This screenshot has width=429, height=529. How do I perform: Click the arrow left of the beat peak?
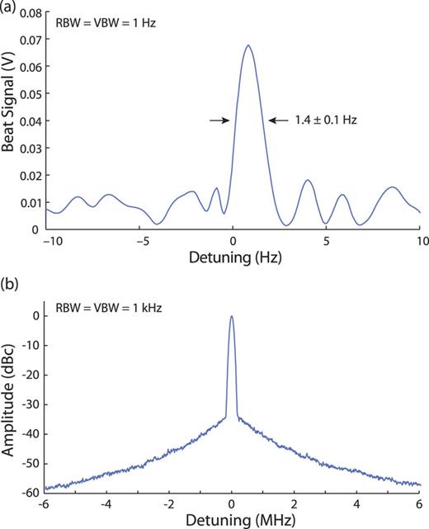219,120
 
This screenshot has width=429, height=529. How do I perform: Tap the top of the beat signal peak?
247,45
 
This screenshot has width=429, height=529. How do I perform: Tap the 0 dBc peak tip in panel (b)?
232,316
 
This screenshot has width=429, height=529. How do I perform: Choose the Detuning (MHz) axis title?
232,520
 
